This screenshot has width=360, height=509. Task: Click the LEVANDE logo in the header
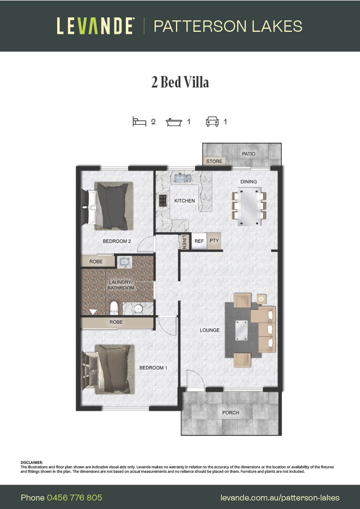coord(95,26)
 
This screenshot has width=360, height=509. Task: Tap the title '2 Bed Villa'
coord(180,82)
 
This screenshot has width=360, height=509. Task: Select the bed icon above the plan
coord(139,121)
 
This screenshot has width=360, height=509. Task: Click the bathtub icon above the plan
coord(174,121)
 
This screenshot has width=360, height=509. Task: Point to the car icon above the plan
coord(213,121)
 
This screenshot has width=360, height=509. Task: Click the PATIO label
coord(249,154)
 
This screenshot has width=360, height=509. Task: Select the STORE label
coord(214,162)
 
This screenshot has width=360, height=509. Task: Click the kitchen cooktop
coord(162,201)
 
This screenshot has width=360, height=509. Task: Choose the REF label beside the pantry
coord(199,241)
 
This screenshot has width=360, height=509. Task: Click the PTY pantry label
coord(214,241)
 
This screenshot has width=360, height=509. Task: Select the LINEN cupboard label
coord(184,242)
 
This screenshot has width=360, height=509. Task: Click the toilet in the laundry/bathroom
coord(113,308)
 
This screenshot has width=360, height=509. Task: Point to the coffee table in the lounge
coord(242,330)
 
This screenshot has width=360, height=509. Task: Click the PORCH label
coord(231,413)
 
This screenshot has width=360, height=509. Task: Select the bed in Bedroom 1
coord(110,368)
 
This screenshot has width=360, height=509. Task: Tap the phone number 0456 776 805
coord(75,498)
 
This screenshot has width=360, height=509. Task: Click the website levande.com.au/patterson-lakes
coord(280,498)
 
